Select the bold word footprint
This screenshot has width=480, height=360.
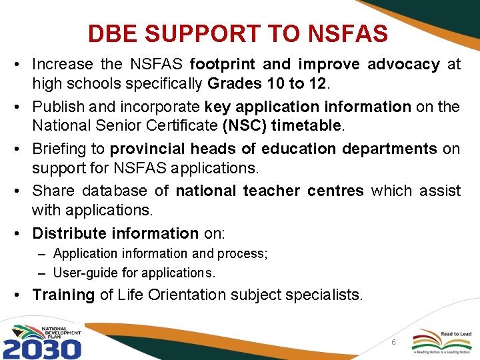coord(223,65)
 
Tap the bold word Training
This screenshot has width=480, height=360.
coord(63,295)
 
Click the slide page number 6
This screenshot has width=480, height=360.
coord(393,342)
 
